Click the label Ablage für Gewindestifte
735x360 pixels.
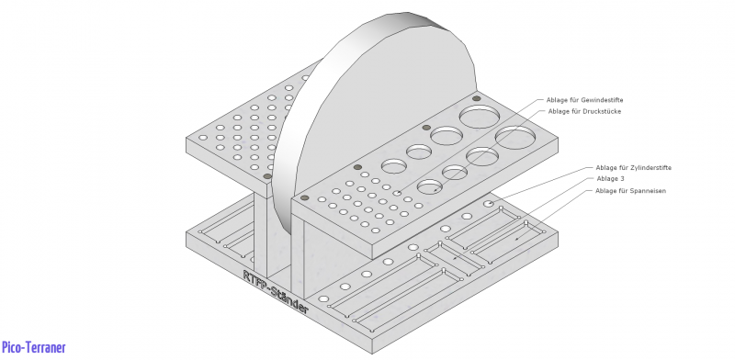588,100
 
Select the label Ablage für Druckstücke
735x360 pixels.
585,111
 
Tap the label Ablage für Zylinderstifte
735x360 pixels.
633,168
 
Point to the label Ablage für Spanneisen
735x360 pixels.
630,190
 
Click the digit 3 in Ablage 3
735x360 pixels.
623,179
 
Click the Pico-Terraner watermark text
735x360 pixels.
33,348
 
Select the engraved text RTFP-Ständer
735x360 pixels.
277,293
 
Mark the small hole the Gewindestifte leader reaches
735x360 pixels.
397,193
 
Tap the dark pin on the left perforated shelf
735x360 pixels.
267,175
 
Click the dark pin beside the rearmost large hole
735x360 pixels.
476,98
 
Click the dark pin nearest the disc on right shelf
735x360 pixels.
357,168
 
